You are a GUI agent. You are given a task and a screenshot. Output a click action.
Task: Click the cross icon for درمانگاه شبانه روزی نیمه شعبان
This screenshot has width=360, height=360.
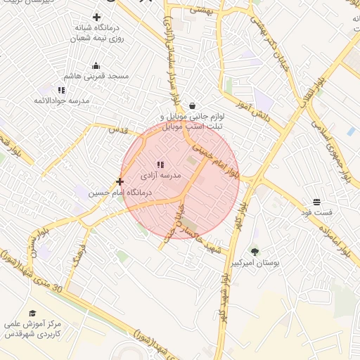[96, 17]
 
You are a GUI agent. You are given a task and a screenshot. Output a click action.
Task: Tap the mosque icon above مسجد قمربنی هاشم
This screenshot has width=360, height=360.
[96, 66]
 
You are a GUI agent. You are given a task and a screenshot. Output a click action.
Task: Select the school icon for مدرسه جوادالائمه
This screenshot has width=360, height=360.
[62, 91]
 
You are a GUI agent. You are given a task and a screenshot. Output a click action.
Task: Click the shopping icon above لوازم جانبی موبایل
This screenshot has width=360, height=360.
[193, 105]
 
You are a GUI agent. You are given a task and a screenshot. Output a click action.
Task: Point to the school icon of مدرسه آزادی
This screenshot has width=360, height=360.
[161, 165]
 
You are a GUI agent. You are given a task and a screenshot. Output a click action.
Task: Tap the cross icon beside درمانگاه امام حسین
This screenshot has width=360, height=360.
[120, 181]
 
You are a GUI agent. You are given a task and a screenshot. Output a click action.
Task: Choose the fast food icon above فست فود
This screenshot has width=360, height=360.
[316, 202]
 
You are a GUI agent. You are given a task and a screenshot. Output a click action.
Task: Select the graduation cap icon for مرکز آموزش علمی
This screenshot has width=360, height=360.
[32, 314]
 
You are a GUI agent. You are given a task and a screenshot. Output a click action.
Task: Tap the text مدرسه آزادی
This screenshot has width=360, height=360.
[161, 174]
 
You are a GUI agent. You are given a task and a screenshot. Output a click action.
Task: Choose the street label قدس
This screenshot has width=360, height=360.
[116, 131]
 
